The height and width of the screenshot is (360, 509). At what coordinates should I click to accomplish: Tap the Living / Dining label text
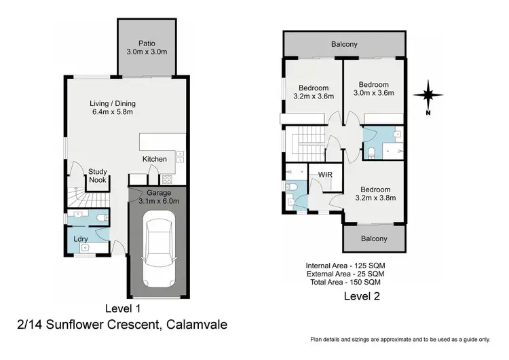click(113, 108)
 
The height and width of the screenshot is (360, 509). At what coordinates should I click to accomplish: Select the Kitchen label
click(154, 159)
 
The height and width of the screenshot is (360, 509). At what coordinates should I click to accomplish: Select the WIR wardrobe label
click(324, 175)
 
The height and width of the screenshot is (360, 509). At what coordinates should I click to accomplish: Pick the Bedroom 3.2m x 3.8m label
click(375, 194)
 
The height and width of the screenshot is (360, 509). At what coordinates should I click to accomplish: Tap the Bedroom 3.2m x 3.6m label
click(313, 92)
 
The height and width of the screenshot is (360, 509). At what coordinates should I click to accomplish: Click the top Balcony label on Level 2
click(345, 44)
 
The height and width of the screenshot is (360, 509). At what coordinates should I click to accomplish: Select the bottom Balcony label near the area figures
click(374, 238)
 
